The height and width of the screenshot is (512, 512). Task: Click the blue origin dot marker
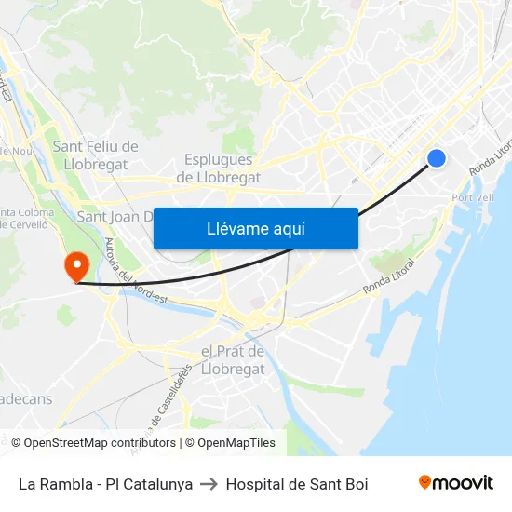(436, 158)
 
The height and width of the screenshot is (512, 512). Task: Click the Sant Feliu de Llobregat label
(96, 155)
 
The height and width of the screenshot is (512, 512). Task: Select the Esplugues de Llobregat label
(218, 168)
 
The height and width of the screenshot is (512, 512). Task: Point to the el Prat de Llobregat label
(233, 360)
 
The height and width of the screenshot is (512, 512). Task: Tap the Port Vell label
(472, 198)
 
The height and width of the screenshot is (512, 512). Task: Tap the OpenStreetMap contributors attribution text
(100, 443)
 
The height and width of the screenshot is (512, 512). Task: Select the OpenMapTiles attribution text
(236, 443)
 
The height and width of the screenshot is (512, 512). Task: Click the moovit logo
(455, 482)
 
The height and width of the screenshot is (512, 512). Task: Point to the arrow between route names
(209, 484)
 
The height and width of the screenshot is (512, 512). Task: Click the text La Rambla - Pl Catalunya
(105, 484)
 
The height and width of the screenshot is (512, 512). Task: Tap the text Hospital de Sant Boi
(297, 484)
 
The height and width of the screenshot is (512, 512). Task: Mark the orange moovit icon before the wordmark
(425, 482)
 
